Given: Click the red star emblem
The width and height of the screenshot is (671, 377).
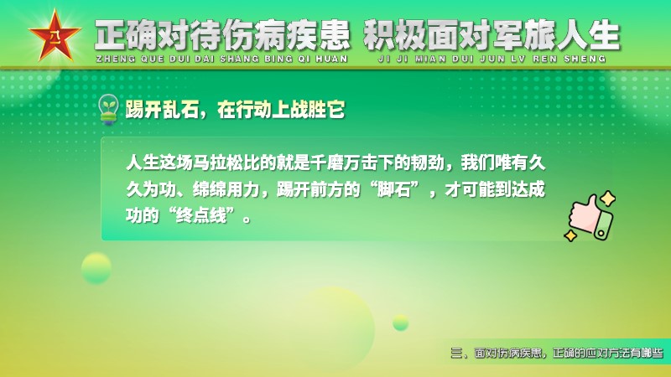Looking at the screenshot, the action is (x=55, y=36).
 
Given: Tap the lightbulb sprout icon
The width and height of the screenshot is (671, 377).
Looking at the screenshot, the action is (x=109, y=110).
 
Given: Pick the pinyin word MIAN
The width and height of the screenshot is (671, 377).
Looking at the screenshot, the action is (x=430, y=59).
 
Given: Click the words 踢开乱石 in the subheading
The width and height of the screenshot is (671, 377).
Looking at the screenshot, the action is (x=162, y=110).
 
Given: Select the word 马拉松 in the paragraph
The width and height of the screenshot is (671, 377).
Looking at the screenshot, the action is (x=218, y=163).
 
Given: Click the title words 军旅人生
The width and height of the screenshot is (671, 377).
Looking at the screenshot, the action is (x=556, y=35).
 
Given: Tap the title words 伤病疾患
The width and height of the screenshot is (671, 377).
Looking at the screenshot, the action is (x=286, y=35).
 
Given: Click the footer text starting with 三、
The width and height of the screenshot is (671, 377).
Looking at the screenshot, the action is (x=557, y=353).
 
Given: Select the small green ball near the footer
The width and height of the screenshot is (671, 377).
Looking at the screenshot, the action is (x=401, y=323).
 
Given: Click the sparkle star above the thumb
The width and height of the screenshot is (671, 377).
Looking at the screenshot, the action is (x=607, y=199).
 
